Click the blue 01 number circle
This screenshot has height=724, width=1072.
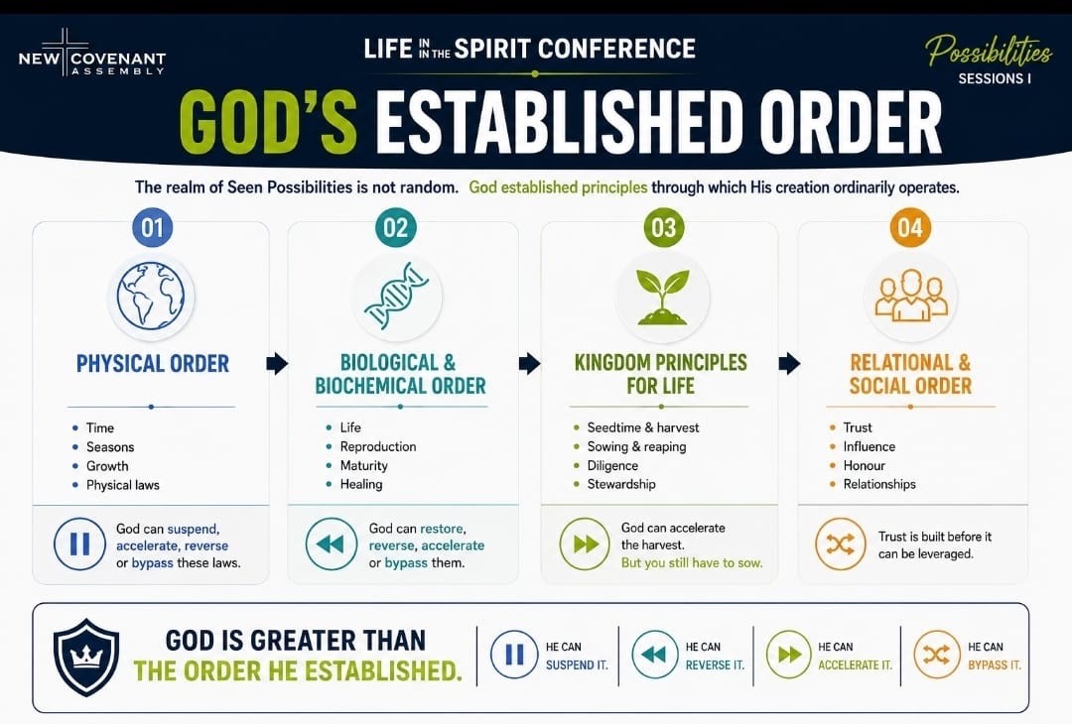(153, 227)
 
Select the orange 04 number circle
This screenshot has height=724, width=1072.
(910, 227)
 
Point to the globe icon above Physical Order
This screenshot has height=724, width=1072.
(151, 298)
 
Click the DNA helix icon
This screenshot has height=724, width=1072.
(396, 297)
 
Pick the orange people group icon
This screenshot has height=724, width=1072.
(910, 295)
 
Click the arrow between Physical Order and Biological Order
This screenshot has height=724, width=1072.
(277, 363)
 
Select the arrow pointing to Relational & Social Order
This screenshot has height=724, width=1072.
(789, 363)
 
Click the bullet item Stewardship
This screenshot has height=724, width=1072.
(620, 484)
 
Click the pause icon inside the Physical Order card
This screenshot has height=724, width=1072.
(79, 544)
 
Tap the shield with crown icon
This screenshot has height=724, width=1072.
(86, 658)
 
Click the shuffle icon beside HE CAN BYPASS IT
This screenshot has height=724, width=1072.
(937, 655)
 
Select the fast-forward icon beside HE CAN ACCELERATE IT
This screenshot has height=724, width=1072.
(789, 655)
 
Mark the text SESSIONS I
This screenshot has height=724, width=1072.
(995, 78)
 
